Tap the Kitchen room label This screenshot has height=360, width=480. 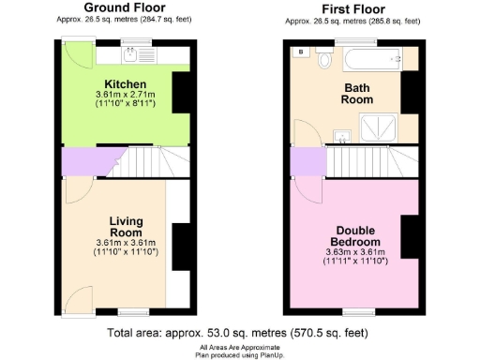tap(125, 84)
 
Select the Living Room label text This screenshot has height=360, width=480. tap(124, 227)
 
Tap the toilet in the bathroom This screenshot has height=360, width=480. tap(324, 60)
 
